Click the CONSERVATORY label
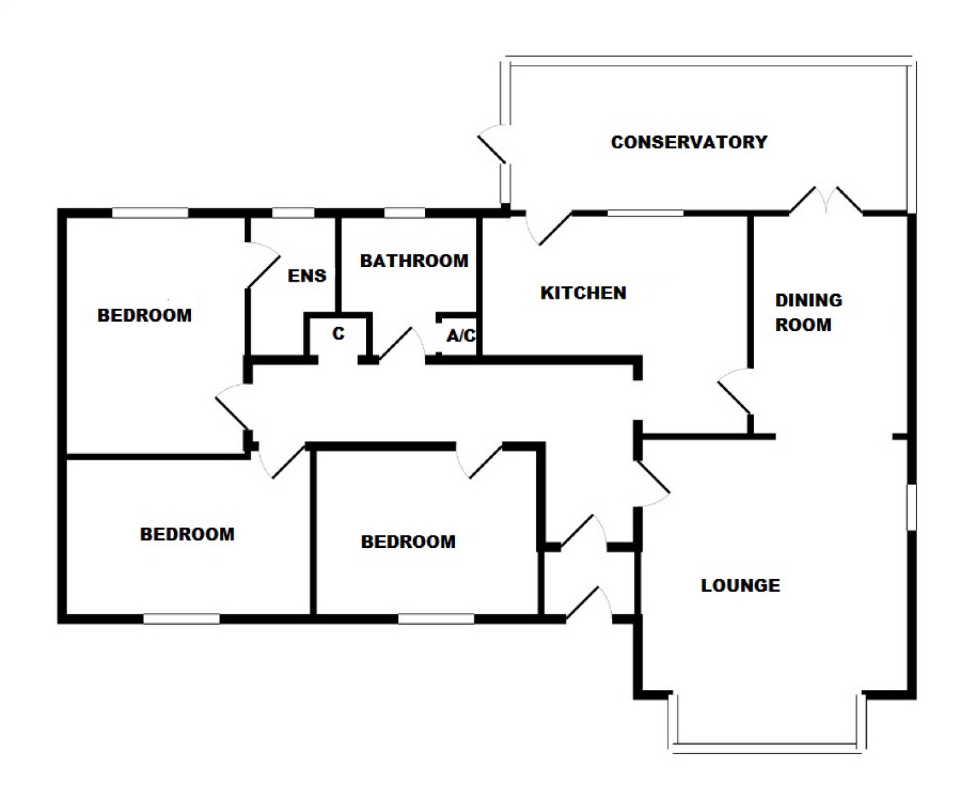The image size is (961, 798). (x=689, y=142)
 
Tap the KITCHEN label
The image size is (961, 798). (x=583, y=293)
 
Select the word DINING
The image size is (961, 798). (x=809, y=300)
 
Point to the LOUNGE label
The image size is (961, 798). (x=740, y=585)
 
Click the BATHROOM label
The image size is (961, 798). (x=414, y=261)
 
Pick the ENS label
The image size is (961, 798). (x=307, y=276)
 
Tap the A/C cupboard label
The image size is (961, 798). (x=461, y=336)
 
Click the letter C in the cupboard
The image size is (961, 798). (x=338, y=334)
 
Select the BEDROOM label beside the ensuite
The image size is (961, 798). (x=144, y=315)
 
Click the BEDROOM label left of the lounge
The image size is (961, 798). (x=408, y=542)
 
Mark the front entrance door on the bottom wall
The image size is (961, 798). (x=588, y=605)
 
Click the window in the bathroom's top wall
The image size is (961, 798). (x=404, y=213)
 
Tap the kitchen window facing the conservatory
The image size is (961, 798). (x=645, y=213)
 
